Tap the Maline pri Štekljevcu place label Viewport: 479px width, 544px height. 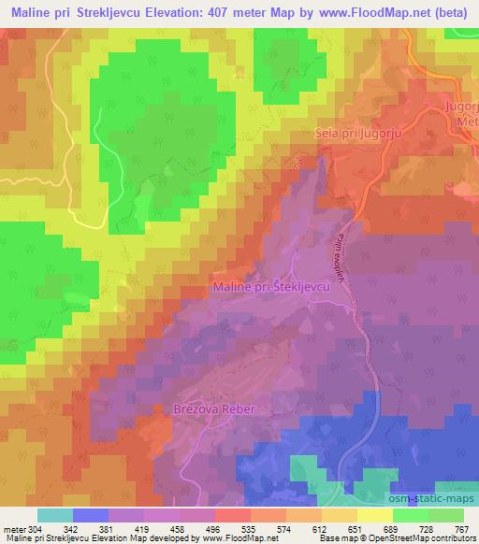272,287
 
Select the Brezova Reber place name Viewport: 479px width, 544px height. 214,409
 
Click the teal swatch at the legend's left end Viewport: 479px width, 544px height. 54,514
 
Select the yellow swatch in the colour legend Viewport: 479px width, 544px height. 374,514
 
